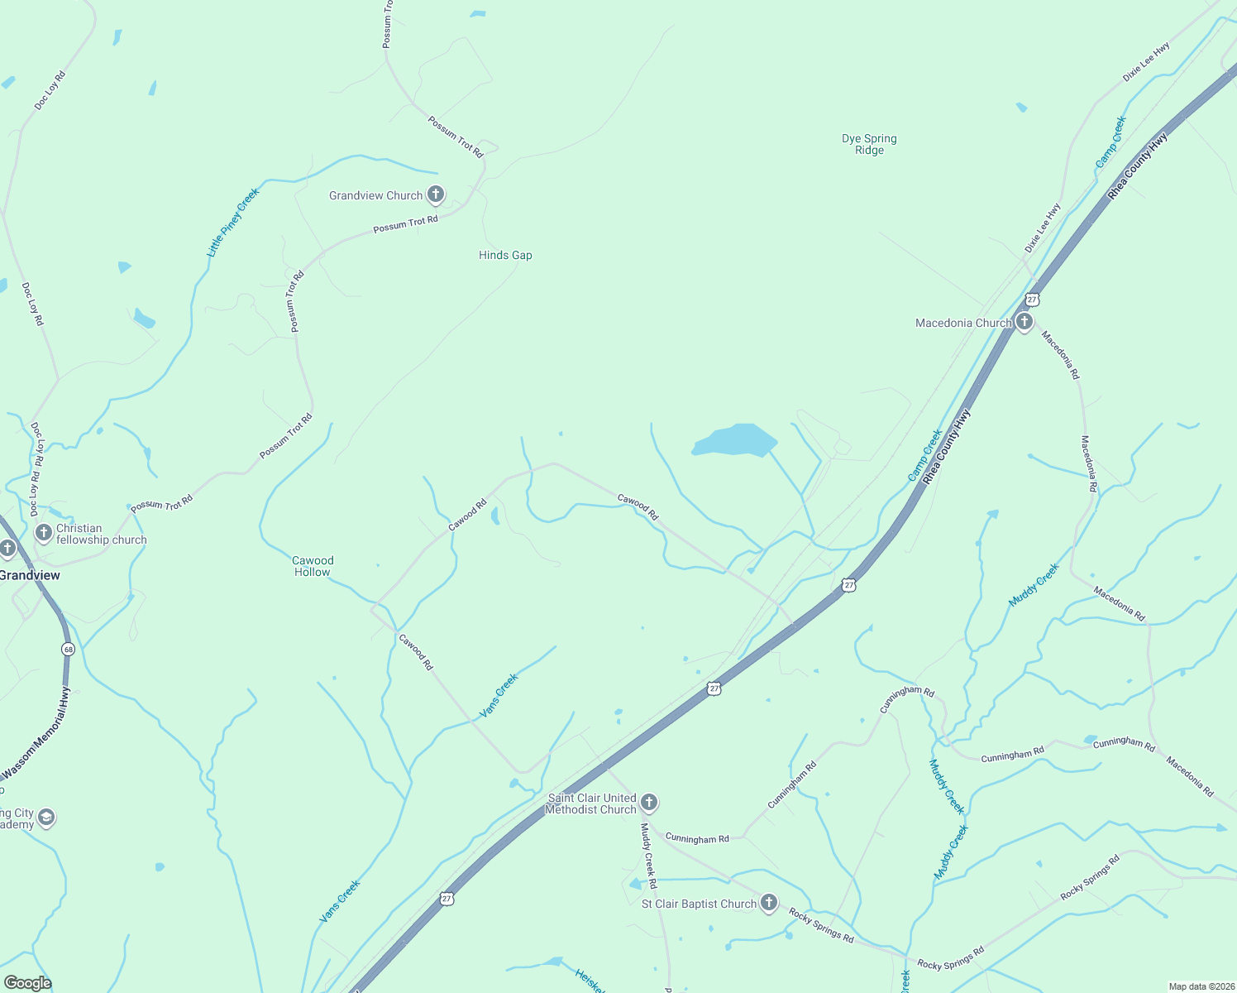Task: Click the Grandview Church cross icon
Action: click(436, 194)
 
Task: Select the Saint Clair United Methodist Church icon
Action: click(649, 802)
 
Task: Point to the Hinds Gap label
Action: click(505, 255)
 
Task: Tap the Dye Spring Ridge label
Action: click(869, 144)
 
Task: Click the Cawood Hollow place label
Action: click(313, 566)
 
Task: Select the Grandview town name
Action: click(31, 575)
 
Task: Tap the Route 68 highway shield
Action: click(68, 650)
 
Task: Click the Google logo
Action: click(28, 982)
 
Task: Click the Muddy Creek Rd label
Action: click(647, 856)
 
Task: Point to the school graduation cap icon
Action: click(46, 818)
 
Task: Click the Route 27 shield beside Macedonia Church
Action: click(1031, 299)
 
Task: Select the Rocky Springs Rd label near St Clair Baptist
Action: click(820, 925)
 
